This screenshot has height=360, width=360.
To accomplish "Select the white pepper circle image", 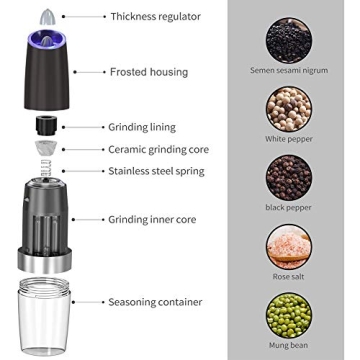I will pos(289,107).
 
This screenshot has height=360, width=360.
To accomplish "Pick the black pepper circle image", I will pos(289,176).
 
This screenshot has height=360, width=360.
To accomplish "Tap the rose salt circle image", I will pos(289,247).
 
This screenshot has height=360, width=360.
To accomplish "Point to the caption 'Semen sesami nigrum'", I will pos(289,71).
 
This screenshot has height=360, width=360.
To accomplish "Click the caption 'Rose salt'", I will pos(289,277).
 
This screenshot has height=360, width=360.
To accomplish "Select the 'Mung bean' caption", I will pos(289,346).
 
